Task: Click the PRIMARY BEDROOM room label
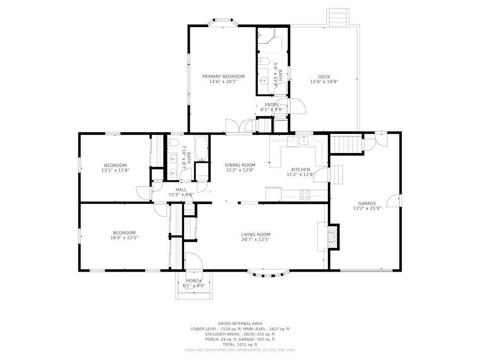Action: pos(223,76)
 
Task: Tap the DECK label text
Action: pos(324,76)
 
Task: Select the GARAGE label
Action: pos(367,203)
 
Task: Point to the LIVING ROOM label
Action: pos(255,234)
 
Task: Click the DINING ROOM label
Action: pos(239,165)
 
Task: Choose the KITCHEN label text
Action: pos(300,170)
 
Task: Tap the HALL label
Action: pos(181,189)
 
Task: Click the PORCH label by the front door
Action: pos(194,281)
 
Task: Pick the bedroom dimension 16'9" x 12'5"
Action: pos(124,238)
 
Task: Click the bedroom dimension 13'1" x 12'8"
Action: pos(115,170)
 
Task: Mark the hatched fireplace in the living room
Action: pos(332,236)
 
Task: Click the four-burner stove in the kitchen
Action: pos(305,195)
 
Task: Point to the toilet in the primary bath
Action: pos(265,62)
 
